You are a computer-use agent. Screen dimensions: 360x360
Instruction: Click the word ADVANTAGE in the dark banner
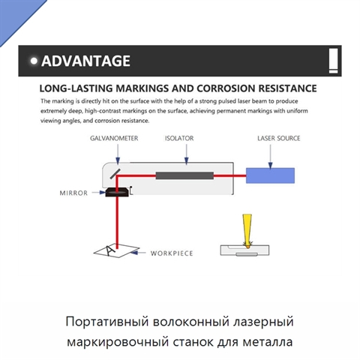pos(85,61)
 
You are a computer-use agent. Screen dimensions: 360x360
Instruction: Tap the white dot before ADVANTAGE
pos(34,61)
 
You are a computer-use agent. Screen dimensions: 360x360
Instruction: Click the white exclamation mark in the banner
pos(333,61)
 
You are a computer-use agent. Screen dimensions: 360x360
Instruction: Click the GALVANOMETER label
pos(114,138)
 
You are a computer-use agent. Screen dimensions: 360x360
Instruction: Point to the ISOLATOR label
pos(179,138)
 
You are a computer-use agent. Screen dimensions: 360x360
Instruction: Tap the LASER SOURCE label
pos(279,138)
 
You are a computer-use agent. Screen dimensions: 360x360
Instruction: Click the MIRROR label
pos(73,193)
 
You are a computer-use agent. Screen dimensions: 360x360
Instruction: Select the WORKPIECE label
pos(172,253)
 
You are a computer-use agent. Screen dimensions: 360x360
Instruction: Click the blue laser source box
pos(270,175)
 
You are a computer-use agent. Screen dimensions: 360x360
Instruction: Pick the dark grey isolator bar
pos(184,175)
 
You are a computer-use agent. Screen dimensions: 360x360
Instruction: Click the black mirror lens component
pos(117,192)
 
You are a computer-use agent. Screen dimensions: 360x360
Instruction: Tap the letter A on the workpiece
pos(109,250)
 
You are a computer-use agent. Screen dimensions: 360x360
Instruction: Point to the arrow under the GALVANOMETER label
pos(118,154)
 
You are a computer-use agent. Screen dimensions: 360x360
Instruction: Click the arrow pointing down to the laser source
pos(270,157)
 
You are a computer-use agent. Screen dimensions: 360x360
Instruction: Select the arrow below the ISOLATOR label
pos(186,154)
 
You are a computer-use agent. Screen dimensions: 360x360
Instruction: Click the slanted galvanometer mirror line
pos(115,174)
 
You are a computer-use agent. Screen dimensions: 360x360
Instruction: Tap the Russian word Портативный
pos(107,322)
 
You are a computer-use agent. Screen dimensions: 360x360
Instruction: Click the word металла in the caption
pos(268,342)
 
